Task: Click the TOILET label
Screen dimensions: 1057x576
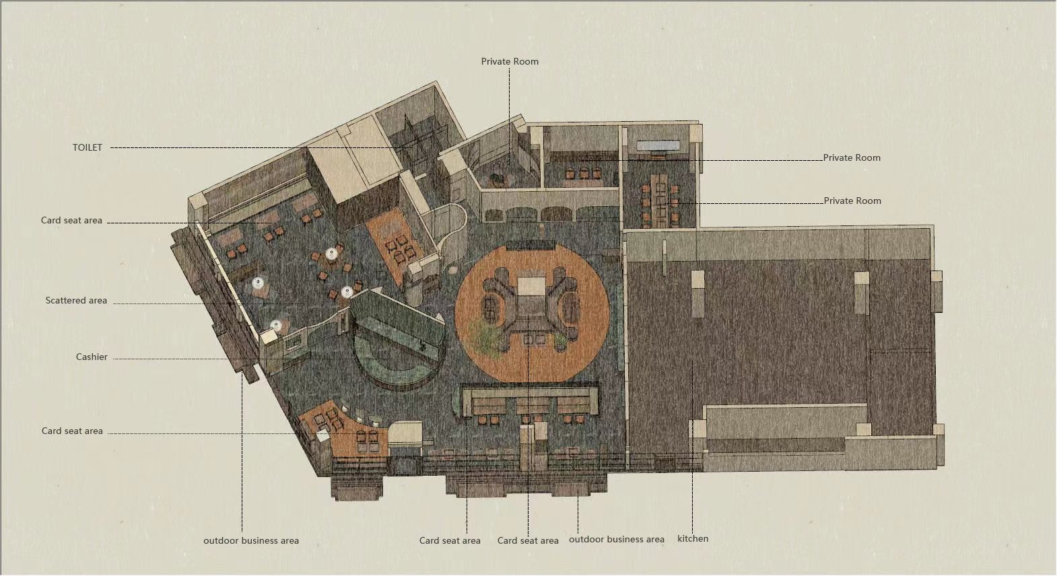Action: [88, 147]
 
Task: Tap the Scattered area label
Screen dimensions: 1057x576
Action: [76, 301]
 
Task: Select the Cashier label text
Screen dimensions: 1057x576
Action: [92, 357]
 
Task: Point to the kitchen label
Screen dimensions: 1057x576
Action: [693, 539]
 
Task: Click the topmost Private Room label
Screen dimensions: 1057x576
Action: [510, 61]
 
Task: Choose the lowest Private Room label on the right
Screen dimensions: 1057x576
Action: [852, 201]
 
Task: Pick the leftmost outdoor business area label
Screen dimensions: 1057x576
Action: [251, 540]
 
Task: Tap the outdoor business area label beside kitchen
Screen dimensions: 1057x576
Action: [616, 539]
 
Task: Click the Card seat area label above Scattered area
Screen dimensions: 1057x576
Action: [71, 220]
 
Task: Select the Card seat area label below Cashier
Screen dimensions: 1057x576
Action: [72, 431]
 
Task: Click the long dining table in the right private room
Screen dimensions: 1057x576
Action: [659, 201]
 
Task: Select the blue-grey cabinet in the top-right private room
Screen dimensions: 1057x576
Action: [658, 145]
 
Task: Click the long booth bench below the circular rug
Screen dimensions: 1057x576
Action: [531, 400]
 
